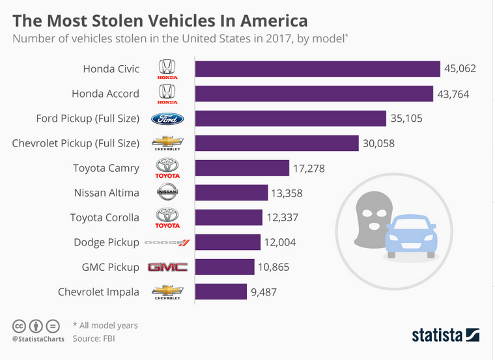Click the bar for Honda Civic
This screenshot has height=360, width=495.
[x=318, y=69]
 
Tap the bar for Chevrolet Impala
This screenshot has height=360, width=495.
[x=221, y=292]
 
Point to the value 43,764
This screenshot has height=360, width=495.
[x=453, y=94]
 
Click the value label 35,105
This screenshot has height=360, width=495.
[x=407, y=118]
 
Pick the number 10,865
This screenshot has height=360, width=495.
[x=274, y=267]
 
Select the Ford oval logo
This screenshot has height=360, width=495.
[x=167, y=118]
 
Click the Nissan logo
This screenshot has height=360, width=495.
[x=167, y=193]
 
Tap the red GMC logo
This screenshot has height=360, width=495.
[x=167, y=267]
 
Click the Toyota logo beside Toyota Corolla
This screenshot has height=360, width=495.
[x=167, y=217]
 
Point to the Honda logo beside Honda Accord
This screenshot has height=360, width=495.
[x=167, y=94]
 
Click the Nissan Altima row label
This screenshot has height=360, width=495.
[x=107, y=193]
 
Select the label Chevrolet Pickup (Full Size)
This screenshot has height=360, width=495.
[x=76, y=143]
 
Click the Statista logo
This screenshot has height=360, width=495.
[x=445, y=335]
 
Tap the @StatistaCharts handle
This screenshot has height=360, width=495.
[x=36, y=339]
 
